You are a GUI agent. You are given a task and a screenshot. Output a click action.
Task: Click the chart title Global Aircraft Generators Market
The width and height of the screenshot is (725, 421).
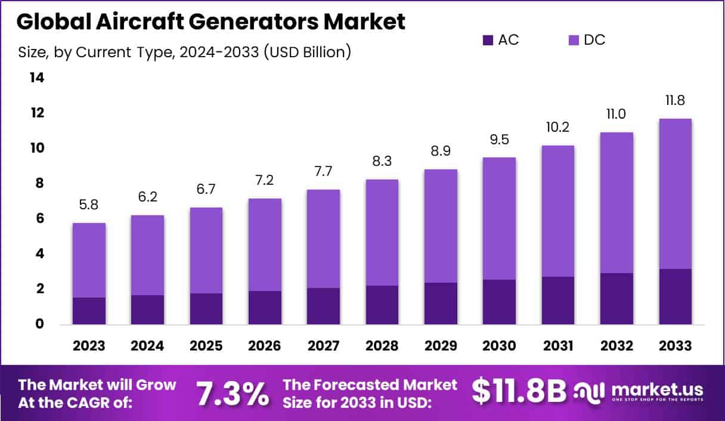[x=211, y=21]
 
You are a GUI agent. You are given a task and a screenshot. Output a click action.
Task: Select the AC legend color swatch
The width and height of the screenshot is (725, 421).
[x=488, y=41]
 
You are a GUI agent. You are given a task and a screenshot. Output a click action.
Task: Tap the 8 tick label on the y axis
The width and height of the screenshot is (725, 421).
[x=40, y=184]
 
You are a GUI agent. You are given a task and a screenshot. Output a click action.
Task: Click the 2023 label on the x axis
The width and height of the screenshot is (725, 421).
[x=89, y=346]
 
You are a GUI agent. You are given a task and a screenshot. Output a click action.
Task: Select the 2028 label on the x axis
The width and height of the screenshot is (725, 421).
[x=382, y=346]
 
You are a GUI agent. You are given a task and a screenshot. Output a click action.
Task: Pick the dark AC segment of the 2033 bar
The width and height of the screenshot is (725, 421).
[x=675, y=296]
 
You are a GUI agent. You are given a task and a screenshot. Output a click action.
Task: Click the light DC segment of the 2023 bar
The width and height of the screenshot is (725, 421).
[x=89, y=260]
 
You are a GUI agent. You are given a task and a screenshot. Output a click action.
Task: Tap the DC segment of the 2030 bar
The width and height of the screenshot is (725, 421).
[x=499, y=218]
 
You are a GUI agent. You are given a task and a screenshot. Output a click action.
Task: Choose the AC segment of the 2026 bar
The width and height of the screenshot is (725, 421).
[x=265, y=308]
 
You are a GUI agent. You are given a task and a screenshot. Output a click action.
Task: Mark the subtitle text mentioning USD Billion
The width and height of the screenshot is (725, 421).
[x=185, y=52]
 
